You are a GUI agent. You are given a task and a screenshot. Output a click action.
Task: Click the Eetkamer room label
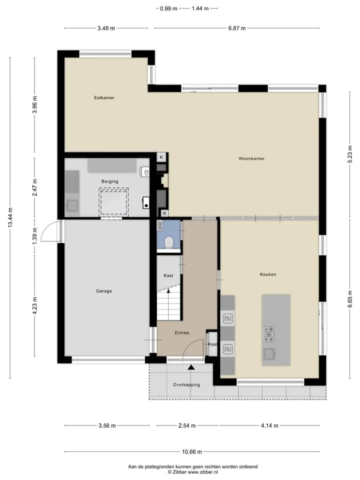(104, 97)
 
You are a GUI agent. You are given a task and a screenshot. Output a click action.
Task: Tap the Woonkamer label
(251, 158)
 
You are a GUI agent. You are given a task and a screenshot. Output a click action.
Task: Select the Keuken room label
(268, 274)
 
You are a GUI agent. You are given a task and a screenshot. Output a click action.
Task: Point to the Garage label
(104, 291)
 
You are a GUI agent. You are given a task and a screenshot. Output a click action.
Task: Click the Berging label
(109, 181)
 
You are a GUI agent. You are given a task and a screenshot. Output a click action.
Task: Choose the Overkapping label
(186, 385)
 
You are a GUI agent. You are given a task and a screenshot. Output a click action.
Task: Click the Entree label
(182, 333)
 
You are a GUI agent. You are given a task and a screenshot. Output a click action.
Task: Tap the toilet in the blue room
(169, 243)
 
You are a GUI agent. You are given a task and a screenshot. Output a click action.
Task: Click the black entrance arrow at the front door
(191, 367)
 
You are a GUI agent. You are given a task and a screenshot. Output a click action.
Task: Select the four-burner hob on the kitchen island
(269, 334)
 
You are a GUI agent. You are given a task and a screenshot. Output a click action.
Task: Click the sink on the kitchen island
(269, 354)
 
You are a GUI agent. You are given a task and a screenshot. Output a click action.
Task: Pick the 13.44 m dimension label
(10, 217)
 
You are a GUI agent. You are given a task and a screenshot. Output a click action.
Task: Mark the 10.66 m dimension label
(192, 451)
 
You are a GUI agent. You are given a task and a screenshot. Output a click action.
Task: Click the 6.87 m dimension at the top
(237, 28)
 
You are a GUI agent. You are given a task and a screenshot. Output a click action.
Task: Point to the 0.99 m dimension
(168, 8)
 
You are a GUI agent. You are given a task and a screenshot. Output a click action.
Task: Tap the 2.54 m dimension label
(187, 425)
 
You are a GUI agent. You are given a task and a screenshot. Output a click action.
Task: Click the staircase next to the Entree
(169, 304)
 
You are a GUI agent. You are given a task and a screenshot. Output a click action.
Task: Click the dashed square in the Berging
(113, 201)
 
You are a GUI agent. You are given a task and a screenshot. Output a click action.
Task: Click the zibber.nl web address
(202, 472)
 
